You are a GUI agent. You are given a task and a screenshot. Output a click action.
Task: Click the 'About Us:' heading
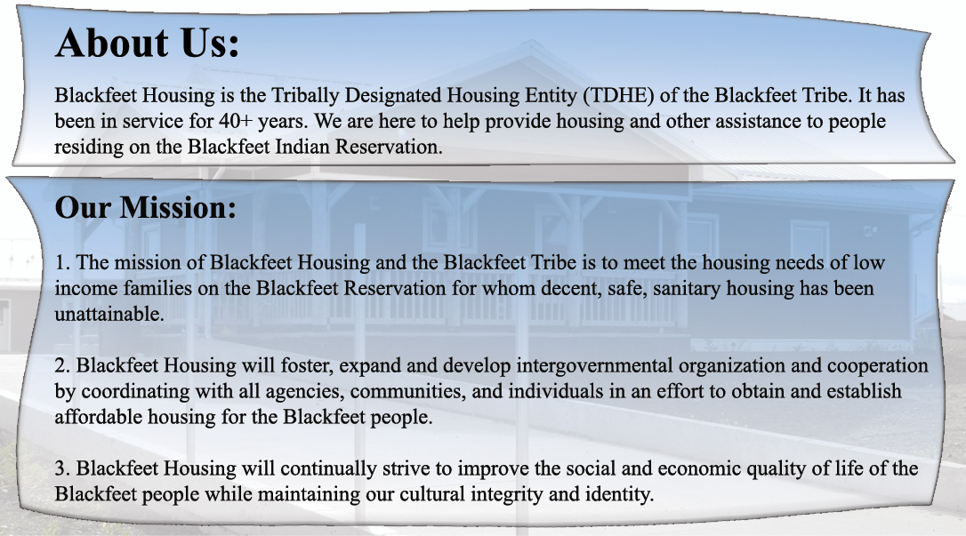pyautogui.click(x=148, y=43)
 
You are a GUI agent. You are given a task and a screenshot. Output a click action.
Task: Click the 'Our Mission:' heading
pyautogui.click(x=145, y=207)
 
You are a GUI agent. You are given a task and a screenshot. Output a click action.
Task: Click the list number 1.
pyautogui.click(x=62, y=263)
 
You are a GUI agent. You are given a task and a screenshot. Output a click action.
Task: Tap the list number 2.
pyautogui.click(x=62, y=365)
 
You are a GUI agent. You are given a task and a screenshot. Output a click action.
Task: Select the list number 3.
pyautogui.click(x=62, y=468)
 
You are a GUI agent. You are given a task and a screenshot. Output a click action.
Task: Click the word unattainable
pyautogui.click(x=109, y=314)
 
